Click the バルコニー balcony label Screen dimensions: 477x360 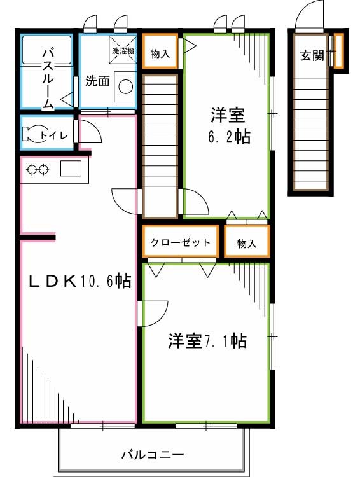pyautogui.click(x=152, y=455)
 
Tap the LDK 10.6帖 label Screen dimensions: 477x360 pyautogui.click(x=79, y=280)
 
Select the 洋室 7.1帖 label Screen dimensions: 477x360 pyautogui.click(x=207, y=342)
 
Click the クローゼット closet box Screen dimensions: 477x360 pyautogui.click(x=180, y=242)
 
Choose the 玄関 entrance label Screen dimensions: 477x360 pyautogui.click(x=312, y=56)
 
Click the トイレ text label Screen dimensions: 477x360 pyautogui.click(x=51, y=135)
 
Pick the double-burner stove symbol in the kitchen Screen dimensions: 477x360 pyautogui.click(x=37, y=169)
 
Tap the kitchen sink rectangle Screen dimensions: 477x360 pyautogui.click(x=70, y=169)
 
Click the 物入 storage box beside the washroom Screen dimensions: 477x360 pyautogui.click(x=160, y=55)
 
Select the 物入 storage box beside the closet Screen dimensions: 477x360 pyautogui.click(x=246, y=242)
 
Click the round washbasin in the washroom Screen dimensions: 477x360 pyautogui.click(x=125, y=86)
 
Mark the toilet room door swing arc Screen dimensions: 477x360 pyautogui.click(x=91, y=132)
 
